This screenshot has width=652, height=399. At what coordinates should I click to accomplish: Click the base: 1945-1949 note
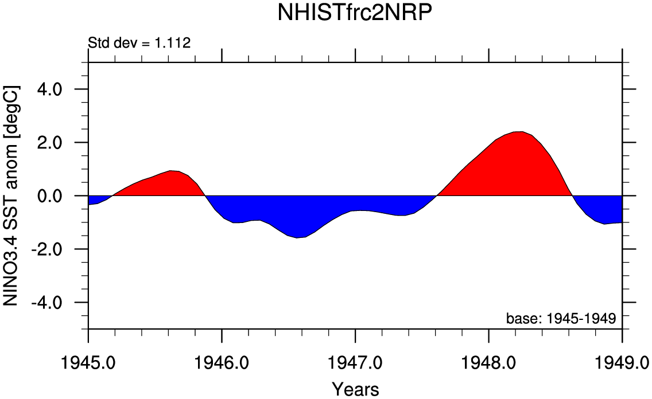coord(560,318)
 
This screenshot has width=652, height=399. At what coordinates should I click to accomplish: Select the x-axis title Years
coord(355,389)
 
